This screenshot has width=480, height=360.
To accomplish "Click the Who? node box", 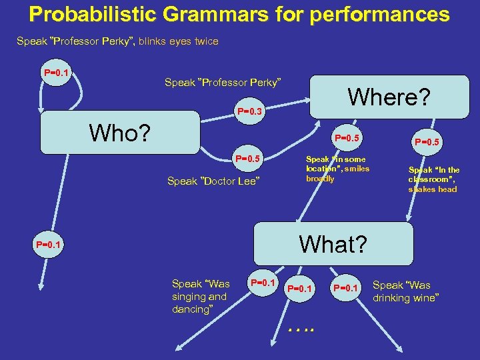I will coord(120,133).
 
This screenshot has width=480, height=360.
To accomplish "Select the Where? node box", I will coord(389,97).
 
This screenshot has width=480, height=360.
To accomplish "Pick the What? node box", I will coord(333,244).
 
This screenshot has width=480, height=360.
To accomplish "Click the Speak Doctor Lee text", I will coord(213,181).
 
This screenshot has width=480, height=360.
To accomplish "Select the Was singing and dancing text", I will coord(200,297).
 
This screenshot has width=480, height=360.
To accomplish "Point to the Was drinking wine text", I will coord(405,291).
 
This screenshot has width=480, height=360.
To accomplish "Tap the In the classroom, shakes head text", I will coord(433,179).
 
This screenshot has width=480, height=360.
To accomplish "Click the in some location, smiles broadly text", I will coord(337,169).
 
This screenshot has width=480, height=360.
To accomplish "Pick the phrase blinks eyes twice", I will coord(179,41).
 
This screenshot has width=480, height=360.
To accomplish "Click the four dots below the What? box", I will coord(301,328).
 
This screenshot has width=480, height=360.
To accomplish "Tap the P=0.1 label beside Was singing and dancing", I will coord(263,283).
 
